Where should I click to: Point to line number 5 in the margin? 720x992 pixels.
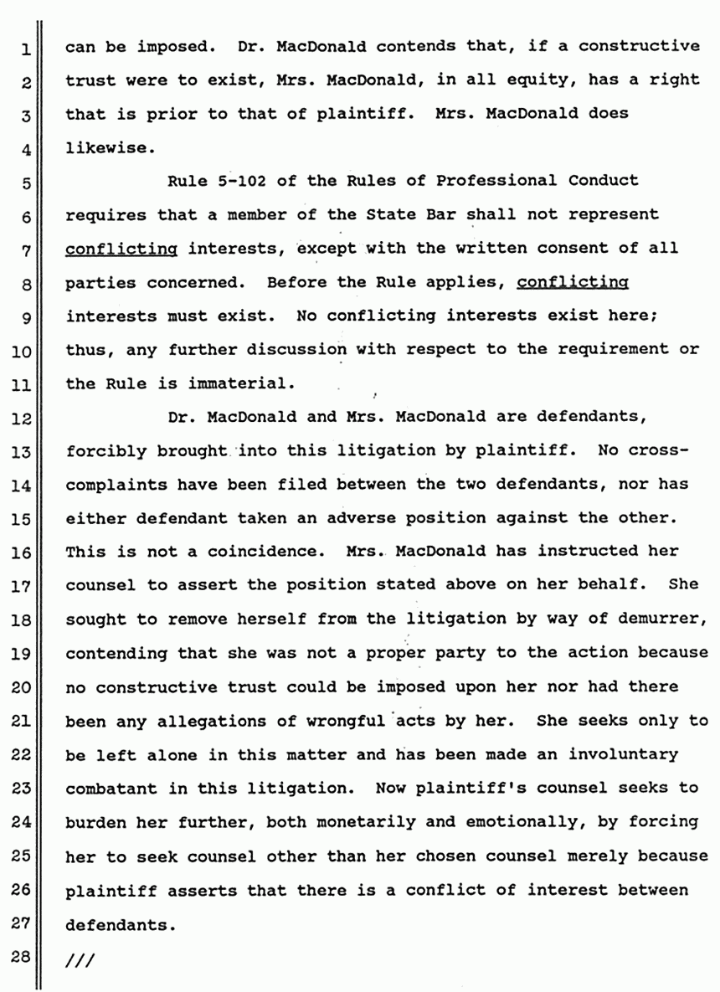[26, 182]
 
